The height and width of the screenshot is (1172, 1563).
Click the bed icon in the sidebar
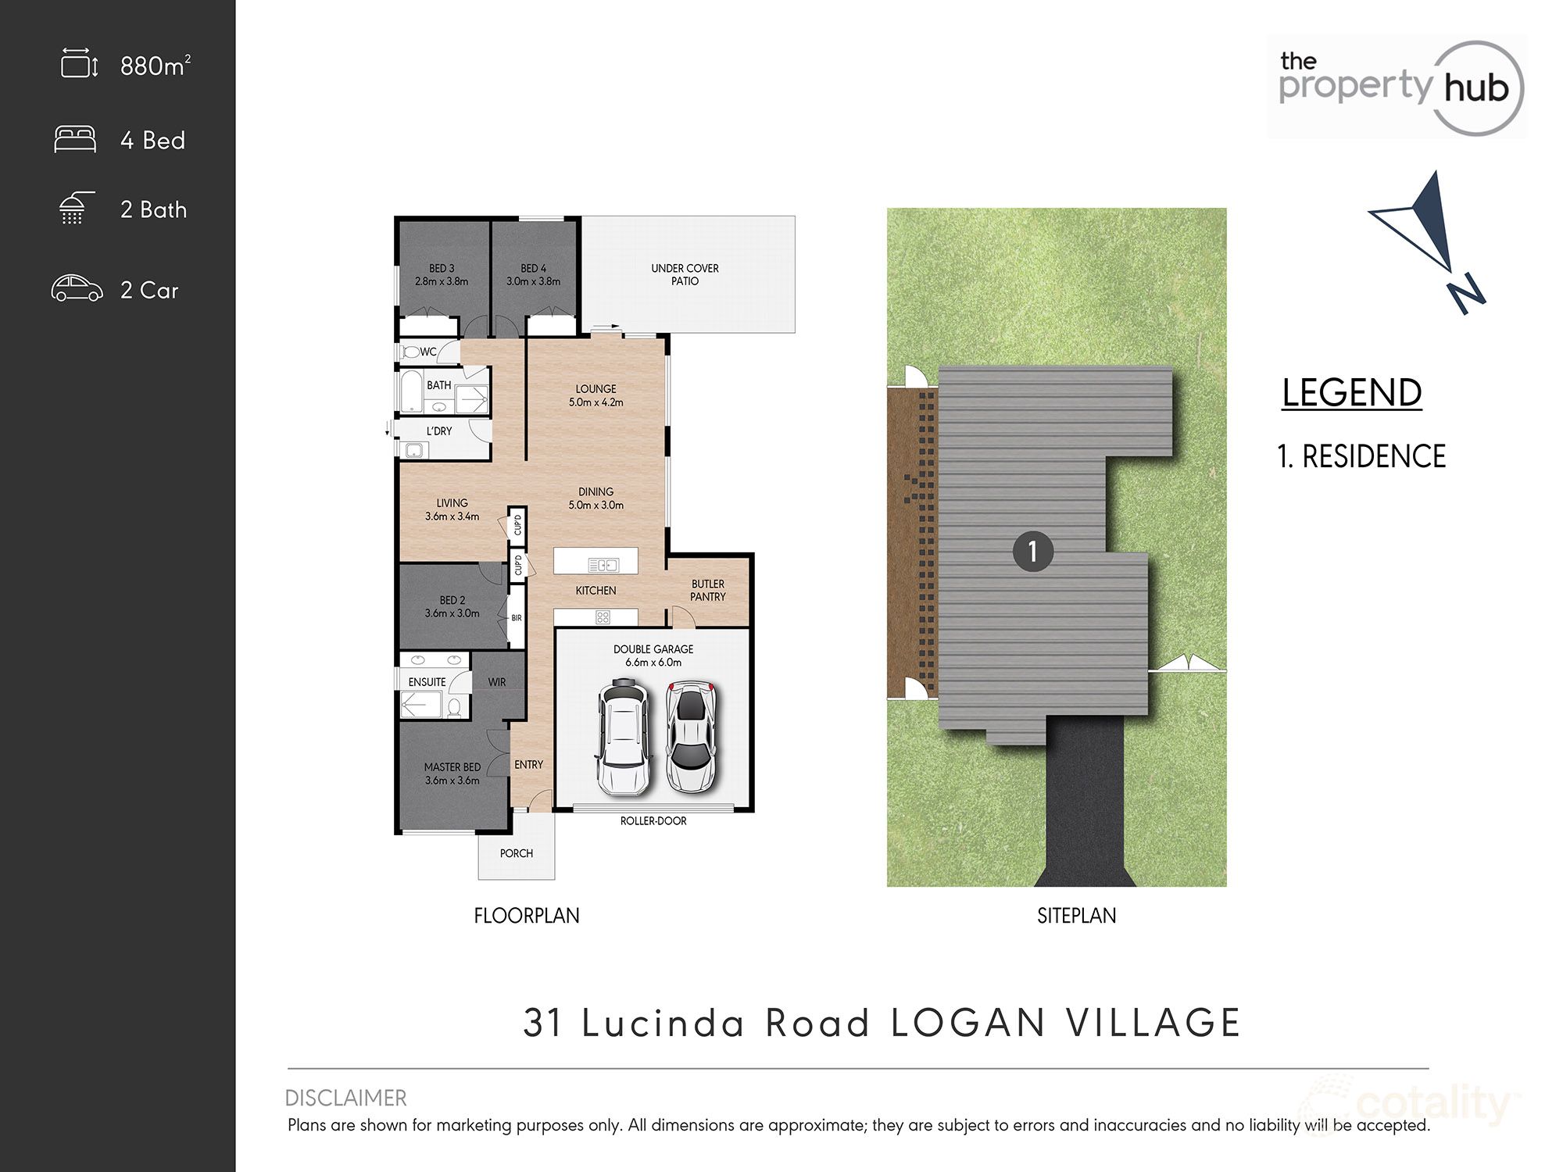(x=75, y=139)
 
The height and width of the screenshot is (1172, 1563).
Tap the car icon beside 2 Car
(x=77, y=289)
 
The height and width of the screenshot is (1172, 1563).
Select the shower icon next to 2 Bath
(x=76, y=208)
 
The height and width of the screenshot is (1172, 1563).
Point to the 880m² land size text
(x=155, y=66)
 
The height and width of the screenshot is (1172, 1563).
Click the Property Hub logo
(x=1396, y=88)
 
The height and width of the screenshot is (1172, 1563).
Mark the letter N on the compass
(x=1466, y=294)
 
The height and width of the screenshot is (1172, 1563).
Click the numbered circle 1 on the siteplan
(x=1032, y=552)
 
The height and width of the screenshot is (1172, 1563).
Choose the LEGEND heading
(x=1351, y=393)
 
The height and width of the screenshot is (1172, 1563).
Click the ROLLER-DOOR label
(x=653, y=821)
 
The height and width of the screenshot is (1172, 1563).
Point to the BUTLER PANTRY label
(x=708, y=591)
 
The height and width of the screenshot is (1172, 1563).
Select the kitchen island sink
(x=603, y=565)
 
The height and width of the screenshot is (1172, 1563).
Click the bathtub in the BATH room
(x=411, y=391)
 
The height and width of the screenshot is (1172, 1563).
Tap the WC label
(x=428, y=352)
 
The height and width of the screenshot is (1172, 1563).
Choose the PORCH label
(x=517, y=853)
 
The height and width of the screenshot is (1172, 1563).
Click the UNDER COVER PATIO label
(x=685, y=274)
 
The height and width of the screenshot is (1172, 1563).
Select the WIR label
(x=497, y=682)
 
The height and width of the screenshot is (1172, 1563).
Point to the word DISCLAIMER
(x=345, y=1098)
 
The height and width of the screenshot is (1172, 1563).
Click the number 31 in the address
(x=543, y=1023)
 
